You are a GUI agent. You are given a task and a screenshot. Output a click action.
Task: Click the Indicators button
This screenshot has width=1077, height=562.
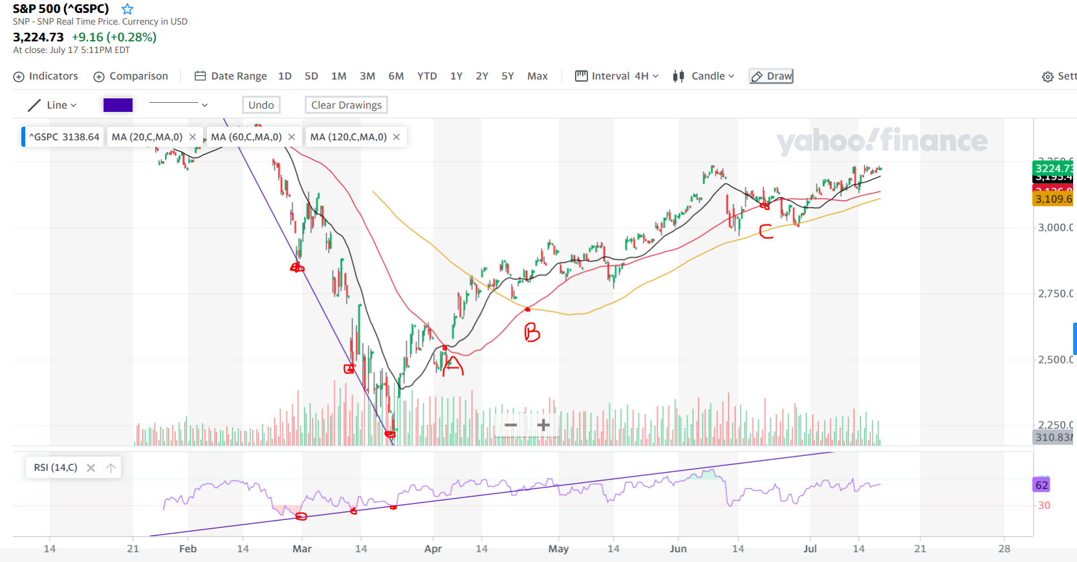point(46,76)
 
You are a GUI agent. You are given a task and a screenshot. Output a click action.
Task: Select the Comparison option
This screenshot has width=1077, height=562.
point(131,76)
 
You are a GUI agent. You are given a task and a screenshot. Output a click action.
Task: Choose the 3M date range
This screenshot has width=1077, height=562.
point(367,76)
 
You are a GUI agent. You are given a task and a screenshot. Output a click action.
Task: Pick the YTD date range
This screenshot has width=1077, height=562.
point(427,76)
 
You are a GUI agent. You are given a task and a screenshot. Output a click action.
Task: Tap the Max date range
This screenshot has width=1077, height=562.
point(537,76)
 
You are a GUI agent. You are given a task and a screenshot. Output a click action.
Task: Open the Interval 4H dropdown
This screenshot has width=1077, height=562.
point(617,76)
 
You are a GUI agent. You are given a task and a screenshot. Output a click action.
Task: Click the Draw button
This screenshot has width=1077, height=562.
point(772,76)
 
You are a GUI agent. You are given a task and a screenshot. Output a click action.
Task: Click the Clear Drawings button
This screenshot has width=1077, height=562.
point(346,105)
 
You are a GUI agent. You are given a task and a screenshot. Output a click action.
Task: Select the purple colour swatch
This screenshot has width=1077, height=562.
point(118,105)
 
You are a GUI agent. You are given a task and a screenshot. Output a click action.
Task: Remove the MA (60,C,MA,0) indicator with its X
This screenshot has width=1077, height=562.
point(292,137)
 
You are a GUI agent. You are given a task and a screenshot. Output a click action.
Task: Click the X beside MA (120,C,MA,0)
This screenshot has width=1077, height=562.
point(397,137)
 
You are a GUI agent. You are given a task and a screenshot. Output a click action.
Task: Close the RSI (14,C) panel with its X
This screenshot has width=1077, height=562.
point(91,468)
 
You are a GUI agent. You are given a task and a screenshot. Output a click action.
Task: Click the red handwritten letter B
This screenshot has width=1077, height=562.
point(532,332)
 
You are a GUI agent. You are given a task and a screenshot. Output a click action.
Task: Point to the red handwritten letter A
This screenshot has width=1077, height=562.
point(453,366)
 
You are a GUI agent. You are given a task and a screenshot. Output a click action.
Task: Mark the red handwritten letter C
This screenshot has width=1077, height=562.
point(766,231)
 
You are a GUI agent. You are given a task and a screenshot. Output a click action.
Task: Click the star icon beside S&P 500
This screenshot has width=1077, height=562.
point(127,9)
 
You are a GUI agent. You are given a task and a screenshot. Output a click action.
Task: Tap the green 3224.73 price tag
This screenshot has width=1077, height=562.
point(1053,168)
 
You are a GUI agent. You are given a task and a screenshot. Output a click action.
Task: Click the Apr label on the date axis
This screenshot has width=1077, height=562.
point(433,548)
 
